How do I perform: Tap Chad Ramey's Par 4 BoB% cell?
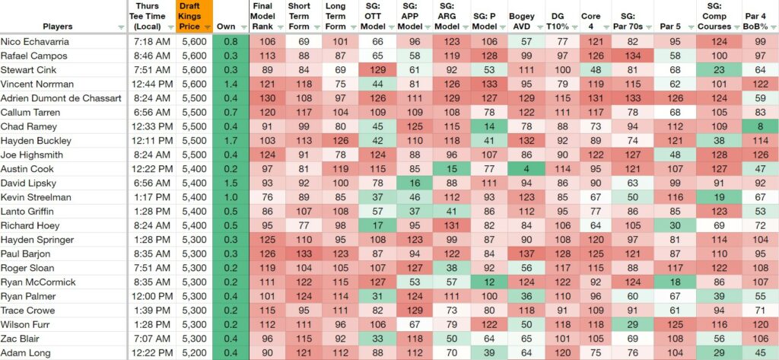760,126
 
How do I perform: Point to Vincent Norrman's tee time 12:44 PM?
151,84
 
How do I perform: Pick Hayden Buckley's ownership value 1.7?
230,141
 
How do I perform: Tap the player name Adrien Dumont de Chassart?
61,98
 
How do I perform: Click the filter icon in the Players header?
121,28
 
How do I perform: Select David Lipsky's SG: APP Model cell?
415,183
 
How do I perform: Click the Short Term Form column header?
299,17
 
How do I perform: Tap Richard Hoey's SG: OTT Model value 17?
377,225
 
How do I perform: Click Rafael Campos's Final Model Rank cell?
267,56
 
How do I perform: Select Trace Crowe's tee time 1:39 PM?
151,311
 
